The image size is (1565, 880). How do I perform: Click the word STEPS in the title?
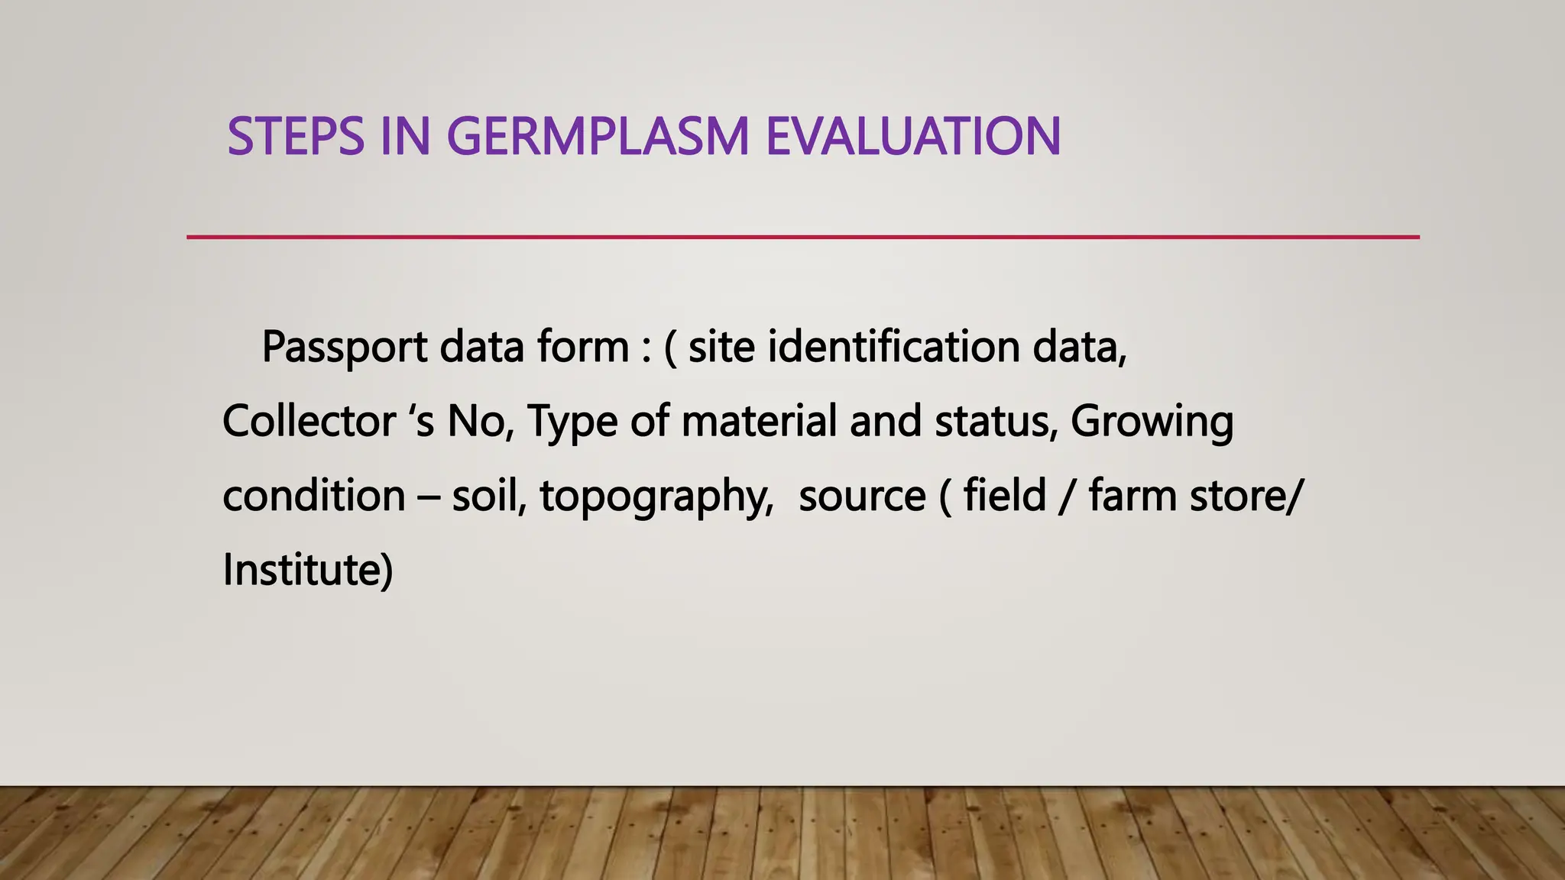[296, 137]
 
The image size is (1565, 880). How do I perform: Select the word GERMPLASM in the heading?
[597, 137]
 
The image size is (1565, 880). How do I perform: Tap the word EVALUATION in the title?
[912, 137]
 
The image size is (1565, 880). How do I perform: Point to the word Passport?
[345, 348]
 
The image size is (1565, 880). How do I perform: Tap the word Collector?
[309, 421]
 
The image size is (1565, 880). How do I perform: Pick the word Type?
[572, 422]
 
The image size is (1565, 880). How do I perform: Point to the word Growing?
[1152, 422]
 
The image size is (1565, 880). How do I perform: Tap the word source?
[862, 497]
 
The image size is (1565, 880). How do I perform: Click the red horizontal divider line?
[802, 238]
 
